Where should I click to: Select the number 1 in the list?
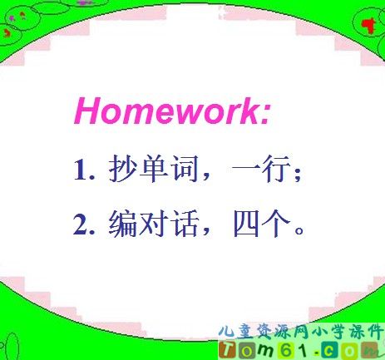tap(81, 169)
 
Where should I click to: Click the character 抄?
tap(123, 169)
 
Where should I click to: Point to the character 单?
tap(154, 169)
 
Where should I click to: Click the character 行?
tap(276, 169)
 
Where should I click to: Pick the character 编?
tap(122, 224)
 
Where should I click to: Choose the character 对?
tap(154, 224)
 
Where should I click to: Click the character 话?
tap(185, 224)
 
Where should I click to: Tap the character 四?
tap(246, 224)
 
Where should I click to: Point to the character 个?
tap(276, 224)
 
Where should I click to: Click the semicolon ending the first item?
tap(298, 174)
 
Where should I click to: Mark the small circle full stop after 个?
tap(299, 230)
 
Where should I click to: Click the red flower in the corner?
tap(368, 26)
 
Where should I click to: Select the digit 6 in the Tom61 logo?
tap(286, 350)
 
